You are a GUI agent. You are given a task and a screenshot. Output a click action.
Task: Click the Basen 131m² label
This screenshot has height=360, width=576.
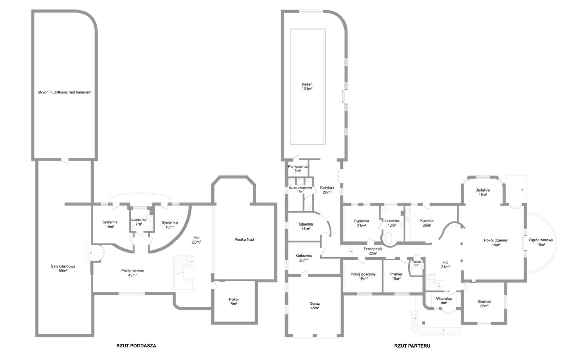tap(307, 86)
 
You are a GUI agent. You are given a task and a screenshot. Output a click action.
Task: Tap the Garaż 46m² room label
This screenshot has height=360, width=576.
tap(315, 306)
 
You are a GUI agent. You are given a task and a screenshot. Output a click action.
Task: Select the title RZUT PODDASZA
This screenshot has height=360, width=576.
tap(136, 346)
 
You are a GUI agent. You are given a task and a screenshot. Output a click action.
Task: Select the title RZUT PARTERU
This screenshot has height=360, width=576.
tap(412, 346)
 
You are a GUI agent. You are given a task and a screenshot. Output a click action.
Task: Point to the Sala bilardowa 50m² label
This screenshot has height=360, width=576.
tap(63, 268)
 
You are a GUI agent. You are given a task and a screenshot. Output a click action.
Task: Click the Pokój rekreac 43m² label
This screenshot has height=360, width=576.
tap(132, 273)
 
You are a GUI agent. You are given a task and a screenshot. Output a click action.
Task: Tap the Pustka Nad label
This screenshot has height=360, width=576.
tap(244, 239)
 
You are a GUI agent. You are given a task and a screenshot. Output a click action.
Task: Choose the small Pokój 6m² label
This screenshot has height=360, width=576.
tap(234, 301)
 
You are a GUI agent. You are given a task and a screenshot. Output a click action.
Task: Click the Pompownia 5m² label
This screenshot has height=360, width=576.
tap(298, 168)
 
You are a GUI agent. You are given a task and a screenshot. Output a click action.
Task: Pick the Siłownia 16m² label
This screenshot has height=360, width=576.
tap(306, 226)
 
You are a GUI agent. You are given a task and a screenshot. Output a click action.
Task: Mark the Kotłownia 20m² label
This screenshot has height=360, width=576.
tap(303, 258)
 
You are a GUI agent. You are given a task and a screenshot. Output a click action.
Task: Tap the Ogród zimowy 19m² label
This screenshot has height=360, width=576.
tap(541, 242)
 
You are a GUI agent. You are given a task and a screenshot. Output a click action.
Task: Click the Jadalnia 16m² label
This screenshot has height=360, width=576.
tap(483, 192)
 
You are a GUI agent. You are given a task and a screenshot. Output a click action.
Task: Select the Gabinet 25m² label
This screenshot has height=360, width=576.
tap(484, 303)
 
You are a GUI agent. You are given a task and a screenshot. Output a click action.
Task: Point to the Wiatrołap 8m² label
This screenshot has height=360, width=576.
tap(444, 301)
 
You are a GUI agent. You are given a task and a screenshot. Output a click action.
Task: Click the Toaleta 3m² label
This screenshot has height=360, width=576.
tap(416, 263)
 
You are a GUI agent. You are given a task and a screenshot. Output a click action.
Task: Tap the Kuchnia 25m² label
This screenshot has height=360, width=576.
tap(427, 223)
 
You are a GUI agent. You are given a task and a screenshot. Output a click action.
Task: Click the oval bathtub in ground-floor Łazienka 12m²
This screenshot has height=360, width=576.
tap(389, 239)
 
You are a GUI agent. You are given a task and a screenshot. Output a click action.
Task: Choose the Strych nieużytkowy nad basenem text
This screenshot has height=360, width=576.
tap(64, 92)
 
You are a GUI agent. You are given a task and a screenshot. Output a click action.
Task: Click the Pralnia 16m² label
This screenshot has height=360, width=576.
tap(396, 276)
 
